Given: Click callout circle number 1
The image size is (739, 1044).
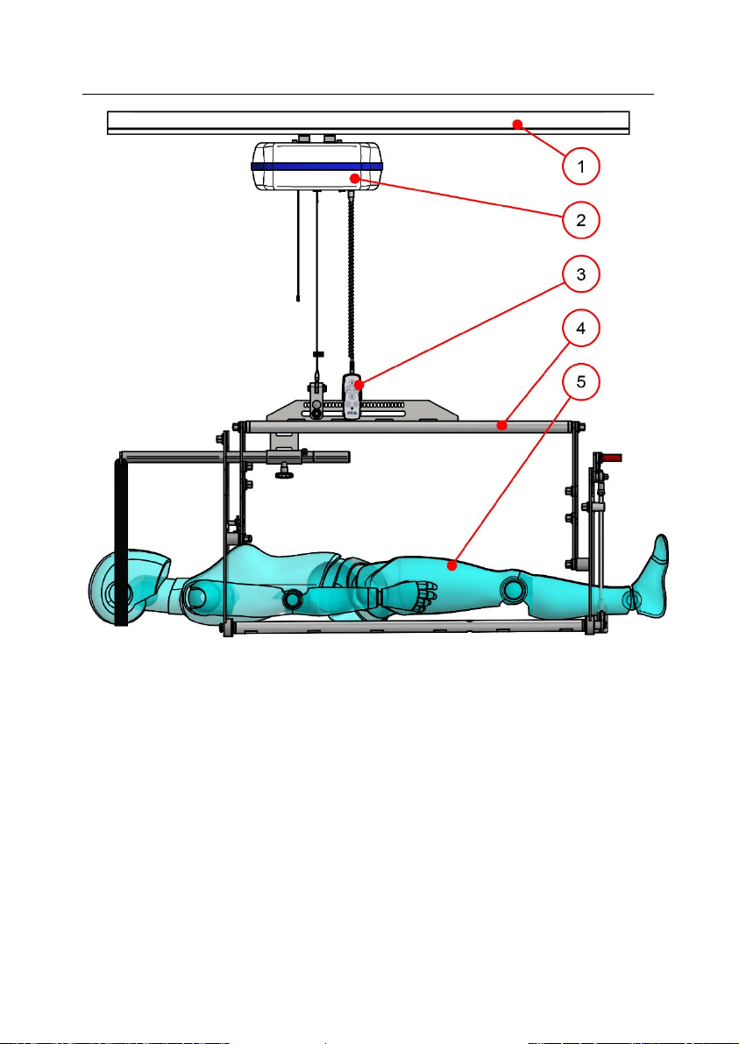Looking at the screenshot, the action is [x=581, y=166].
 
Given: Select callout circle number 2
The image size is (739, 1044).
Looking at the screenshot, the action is [x=581, y=220].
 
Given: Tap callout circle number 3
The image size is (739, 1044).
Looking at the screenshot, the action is [x=581, y=274].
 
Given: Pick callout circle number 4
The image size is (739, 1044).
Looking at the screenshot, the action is [x=581, y=328].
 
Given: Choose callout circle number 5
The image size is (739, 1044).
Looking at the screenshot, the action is [x=581, y=382].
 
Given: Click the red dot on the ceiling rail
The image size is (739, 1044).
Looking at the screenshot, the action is [x=516, y=124].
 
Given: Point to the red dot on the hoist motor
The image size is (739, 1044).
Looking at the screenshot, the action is [x=356, y=178].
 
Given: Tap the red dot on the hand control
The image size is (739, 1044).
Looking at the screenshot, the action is [x=359, y=384].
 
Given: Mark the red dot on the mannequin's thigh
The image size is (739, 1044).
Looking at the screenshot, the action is [x=452, y=566].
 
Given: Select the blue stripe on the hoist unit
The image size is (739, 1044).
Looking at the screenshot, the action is [x=317, y=167].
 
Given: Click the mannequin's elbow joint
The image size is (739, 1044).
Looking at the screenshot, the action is [x=292, y=600].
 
